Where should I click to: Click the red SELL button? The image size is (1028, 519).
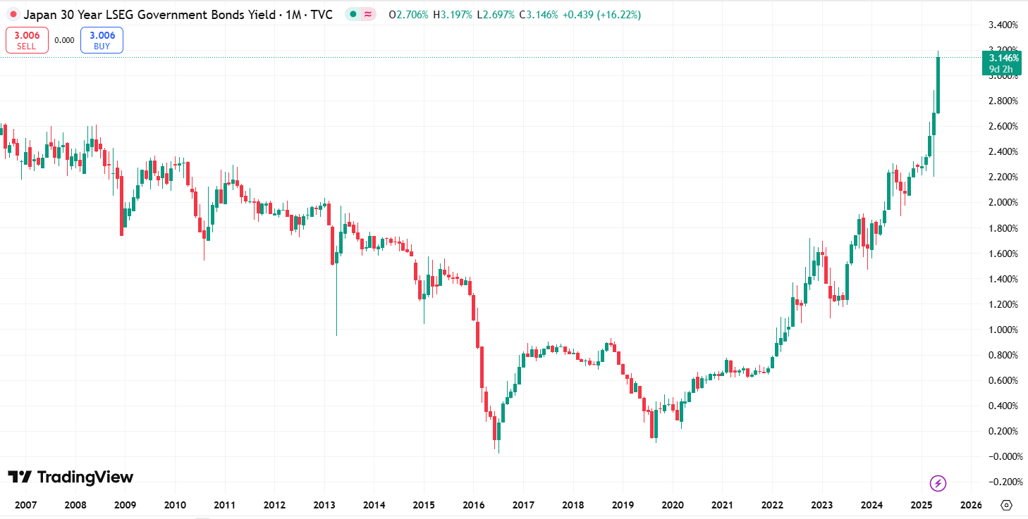tap(27, 40)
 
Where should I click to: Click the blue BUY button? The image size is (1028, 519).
tap(102, 40)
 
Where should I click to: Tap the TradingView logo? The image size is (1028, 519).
tap(71, 477)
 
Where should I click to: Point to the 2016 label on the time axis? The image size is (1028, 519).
tap(473, 505)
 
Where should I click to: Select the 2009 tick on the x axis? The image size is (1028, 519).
tap(125, 505)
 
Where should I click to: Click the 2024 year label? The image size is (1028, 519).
tap(871, 505)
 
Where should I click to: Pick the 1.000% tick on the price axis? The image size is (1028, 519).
tap(1004, 330)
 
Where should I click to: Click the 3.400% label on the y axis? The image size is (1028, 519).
tap(1004, 25)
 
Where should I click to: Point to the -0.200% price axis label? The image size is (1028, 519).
tap(1003, 482)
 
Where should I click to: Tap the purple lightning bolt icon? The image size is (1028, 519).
tap(938, 483)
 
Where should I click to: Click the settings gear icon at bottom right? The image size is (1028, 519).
tap(1006, 505)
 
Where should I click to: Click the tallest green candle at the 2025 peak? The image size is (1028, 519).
tap(938, 85)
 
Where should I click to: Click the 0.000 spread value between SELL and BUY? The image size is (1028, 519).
tap(64, 40)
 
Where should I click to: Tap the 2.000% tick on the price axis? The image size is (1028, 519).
tap(1004, 203)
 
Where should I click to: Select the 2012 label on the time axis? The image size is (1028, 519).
tap(274, 505)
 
